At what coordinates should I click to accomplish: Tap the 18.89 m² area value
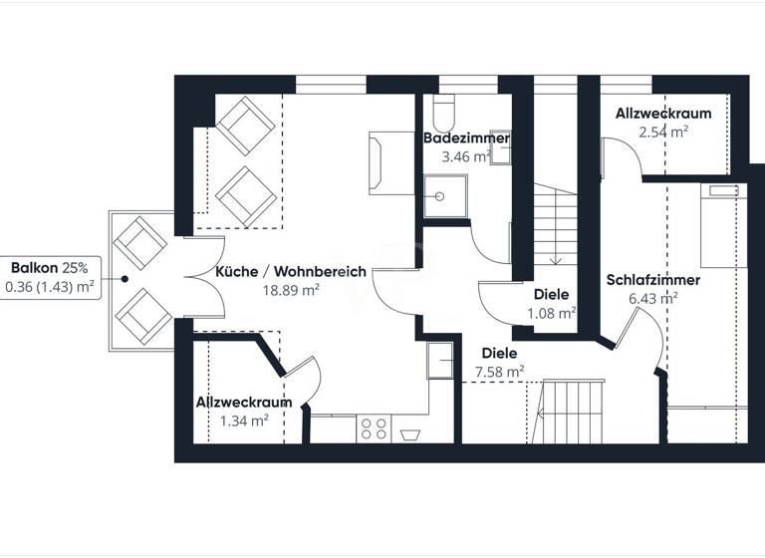coord(291,290)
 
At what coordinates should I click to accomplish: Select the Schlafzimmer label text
coord(652,280)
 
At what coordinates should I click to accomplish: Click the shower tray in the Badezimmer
coord(443,196)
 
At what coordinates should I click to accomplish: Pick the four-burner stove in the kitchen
coord(375,428)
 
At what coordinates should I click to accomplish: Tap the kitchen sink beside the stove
coord(408,434)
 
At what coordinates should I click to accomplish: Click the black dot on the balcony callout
coord(125,280)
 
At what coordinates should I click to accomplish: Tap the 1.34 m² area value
coord(244,420)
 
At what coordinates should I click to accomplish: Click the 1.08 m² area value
coord(551,313)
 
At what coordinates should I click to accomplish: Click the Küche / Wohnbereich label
coord(291,271)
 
